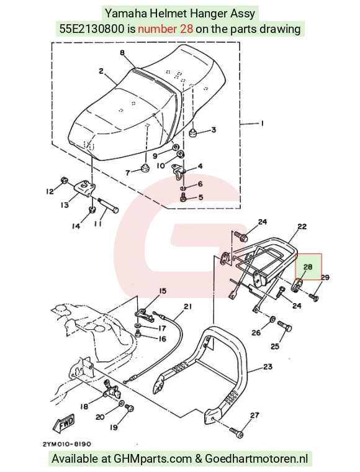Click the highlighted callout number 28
[308, 266]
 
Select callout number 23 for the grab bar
[268, 366]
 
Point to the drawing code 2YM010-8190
[66, 444]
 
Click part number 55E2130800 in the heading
[92, 29]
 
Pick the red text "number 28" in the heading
[165, 29]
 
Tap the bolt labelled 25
[285, 326]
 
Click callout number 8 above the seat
[122, 53]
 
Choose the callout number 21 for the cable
[187, 306]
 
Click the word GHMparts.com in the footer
[153, 459]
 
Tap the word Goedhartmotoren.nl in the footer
[256, 459]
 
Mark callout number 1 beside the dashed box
[263, 124]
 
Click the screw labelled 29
[313, 297]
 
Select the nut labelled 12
[64, 179]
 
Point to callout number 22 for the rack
[302, 226]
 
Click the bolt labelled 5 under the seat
[184, 198]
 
